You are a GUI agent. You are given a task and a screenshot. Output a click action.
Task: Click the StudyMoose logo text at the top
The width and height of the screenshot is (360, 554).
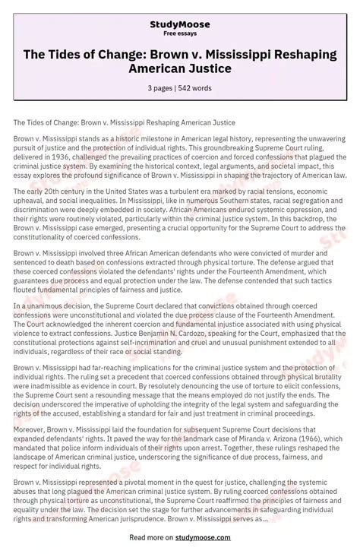click(180, 24)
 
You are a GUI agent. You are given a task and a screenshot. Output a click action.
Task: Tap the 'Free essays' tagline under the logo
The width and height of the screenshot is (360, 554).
click(180, 33)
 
